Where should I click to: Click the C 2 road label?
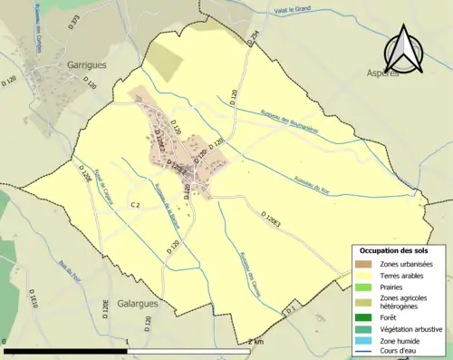click(135, 205)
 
